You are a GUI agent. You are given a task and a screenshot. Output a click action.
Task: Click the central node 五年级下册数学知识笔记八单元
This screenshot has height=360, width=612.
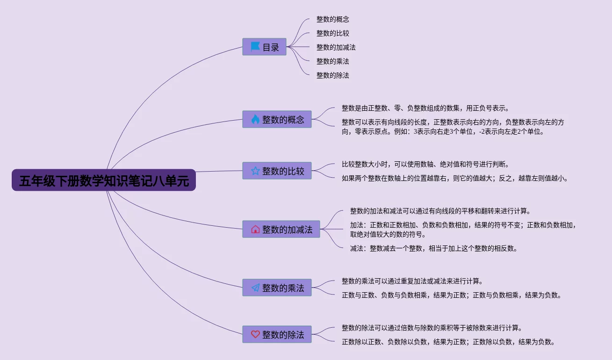[104, 180]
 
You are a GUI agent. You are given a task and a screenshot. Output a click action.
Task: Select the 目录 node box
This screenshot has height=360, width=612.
[264, 47]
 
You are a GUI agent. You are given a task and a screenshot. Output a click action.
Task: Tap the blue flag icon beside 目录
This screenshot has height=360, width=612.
[255, 47]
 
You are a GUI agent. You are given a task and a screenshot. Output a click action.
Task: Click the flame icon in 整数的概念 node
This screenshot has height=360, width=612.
[255, 119]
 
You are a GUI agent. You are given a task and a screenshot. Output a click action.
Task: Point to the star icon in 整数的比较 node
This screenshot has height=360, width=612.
[255, 171]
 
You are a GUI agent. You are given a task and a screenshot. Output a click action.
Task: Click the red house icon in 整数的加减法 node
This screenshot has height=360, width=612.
[255, 229]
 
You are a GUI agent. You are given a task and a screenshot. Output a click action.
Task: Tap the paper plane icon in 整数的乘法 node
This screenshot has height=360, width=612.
[255, 288]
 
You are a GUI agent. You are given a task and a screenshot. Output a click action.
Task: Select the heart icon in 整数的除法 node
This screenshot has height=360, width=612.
[255, 334]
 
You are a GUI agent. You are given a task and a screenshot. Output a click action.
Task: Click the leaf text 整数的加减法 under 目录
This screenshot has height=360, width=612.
[336, 47]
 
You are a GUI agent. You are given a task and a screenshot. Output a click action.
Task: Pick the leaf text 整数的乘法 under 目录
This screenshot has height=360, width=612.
[332, 61]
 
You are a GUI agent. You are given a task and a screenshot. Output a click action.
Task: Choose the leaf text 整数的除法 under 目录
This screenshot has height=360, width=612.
[332, 75]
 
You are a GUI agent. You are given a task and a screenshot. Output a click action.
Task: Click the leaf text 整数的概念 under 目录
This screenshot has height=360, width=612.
[332, 19]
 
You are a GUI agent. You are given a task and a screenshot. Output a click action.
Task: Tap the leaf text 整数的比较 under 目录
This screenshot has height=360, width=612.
[332, 33]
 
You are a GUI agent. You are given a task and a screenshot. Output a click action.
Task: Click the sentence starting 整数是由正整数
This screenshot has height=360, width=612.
[425, 108]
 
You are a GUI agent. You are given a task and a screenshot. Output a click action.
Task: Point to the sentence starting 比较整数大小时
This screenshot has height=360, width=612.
[425, 164]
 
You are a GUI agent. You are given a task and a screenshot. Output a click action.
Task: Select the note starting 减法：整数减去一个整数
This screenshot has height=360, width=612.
[433, 248]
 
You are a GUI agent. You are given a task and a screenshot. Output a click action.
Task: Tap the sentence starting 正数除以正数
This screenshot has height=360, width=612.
[448, 342]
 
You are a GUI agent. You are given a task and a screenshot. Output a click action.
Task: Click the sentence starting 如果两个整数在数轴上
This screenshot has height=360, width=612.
[454, 178]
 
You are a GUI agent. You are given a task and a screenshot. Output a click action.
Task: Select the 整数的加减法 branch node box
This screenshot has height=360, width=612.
[281, 229]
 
